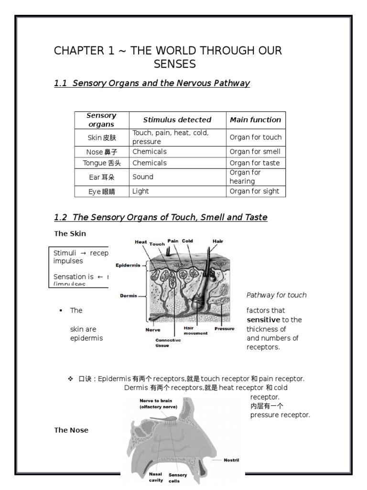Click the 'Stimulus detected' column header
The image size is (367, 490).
coord(177,120)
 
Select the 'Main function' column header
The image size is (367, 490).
coord(255,120)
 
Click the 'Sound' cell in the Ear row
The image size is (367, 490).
coord(143,177)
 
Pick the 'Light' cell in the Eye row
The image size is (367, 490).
coord(140,191)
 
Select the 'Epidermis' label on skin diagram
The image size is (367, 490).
coord(128,265)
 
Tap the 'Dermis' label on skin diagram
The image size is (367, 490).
coord(129,296)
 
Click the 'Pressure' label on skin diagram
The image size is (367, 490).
coord(224,329)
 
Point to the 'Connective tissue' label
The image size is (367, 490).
coord(165,343)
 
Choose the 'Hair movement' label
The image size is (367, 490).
coord(195,331)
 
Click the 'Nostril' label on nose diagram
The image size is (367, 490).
coord(231,460)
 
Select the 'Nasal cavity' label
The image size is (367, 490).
coord(156,477)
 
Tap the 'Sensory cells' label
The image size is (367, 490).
coord(178,478)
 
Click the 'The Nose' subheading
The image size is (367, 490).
coord(71,430)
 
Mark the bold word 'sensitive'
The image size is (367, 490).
coord(263,320)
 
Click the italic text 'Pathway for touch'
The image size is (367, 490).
coord(276,295)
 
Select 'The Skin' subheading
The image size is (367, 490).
coord(70,234)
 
